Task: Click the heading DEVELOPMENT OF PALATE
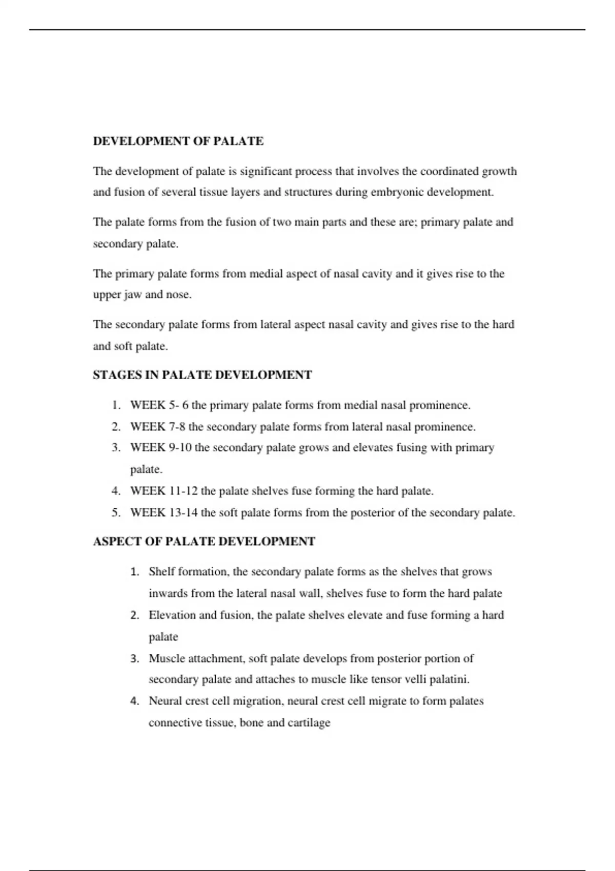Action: pyautogui.click(x=178, y=141)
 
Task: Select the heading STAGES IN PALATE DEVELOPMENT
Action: pyautogui.click(x=202, y=375)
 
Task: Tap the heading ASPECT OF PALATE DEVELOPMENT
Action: pyautogui.click(x=203, y=542)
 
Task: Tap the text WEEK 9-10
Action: pyautogui.click(x=160, y=448)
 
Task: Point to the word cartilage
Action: pyautogui.click(x=309, y=722)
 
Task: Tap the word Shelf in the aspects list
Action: pyautogui.click(x=161, y=572)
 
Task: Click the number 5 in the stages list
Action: pyautogui.click(x=116, y=512)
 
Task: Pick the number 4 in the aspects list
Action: pyautogui.click(x=134, y=701)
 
